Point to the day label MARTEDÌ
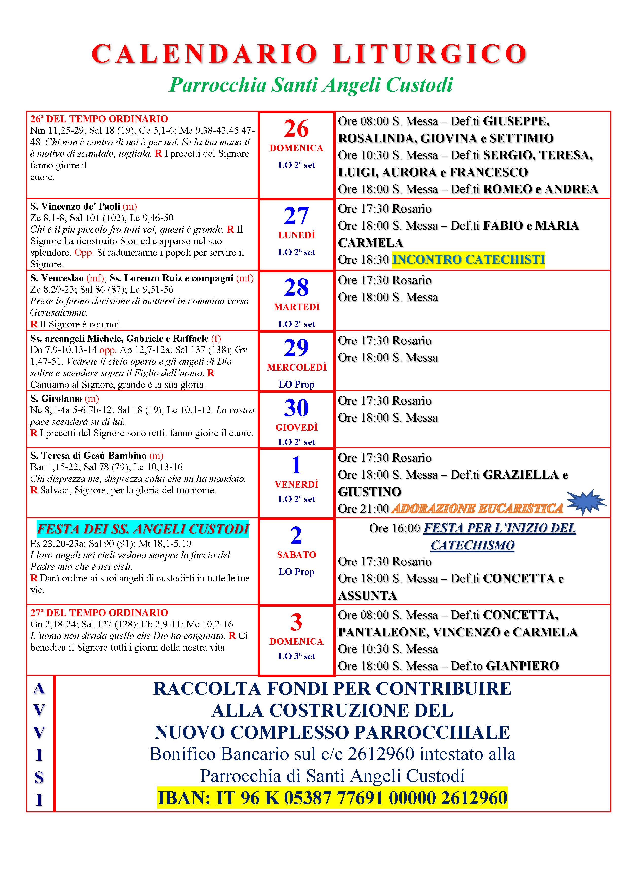[296, 307]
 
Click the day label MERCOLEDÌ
[296, 368]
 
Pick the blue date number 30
[296, 408]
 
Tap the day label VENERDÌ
[296, 484]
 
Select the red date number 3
[296, 622]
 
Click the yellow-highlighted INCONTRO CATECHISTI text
[468, 259]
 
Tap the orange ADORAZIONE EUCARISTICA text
[477, 509]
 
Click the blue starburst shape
[586, 502]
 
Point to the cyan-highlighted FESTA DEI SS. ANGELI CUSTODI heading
[143, 529]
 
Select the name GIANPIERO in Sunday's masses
[522, 666]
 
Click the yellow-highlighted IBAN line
[332, 798]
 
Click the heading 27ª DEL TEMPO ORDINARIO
[99, 613]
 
